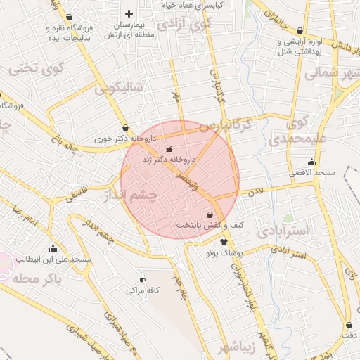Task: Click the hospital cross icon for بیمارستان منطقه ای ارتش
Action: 129,14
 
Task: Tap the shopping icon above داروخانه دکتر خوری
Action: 125,128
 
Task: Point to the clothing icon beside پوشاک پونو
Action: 224,241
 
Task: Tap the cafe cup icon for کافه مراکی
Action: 143,280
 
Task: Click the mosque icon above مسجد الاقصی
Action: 311,162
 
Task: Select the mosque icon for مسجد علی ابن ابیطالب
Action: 53,248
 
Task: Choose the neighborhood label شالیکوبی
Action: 119,88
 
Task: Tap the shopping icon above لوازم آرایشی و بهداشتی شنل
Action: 300,31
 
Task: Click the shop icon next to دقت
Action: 349,325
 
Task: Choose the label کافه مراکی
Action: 144,290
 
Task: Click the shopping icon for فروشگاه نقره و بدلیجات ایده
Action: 69,18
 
